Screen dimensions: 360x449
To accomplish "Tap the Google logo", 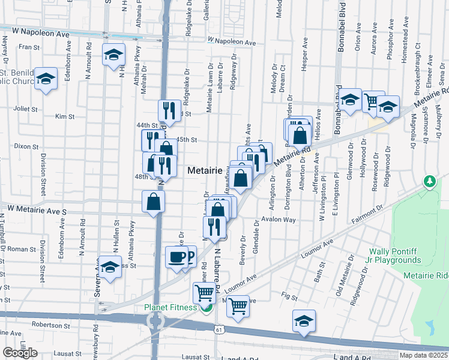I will (x=20, y=353).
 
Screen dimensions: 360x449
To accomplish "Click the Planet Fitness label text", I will (x=170, y=308).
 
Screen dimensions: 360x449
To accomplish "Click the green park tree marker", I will (x=429, y=181).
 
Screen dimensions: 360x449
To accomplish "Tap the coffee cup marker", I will (x=176, y=257).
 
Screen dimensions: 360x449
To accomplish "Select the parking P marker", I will (x=190, y=257).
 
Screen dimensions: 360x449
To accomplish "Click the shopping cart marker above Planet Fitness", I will (x=204, y=293).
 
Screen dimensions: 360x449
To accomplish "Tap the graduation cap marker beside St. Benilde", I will (x=45, y=80).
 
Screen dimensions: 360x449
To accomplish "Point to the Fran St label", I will (x=28, y=46).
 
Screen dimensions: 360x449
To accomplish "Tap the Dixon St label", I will (x=26, y=146).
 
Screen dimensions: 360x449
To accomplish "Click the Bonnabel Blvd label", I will (x=340, y=30).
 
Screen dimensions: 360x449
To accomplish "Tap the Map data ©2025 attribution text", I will (x=423, y=355).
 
